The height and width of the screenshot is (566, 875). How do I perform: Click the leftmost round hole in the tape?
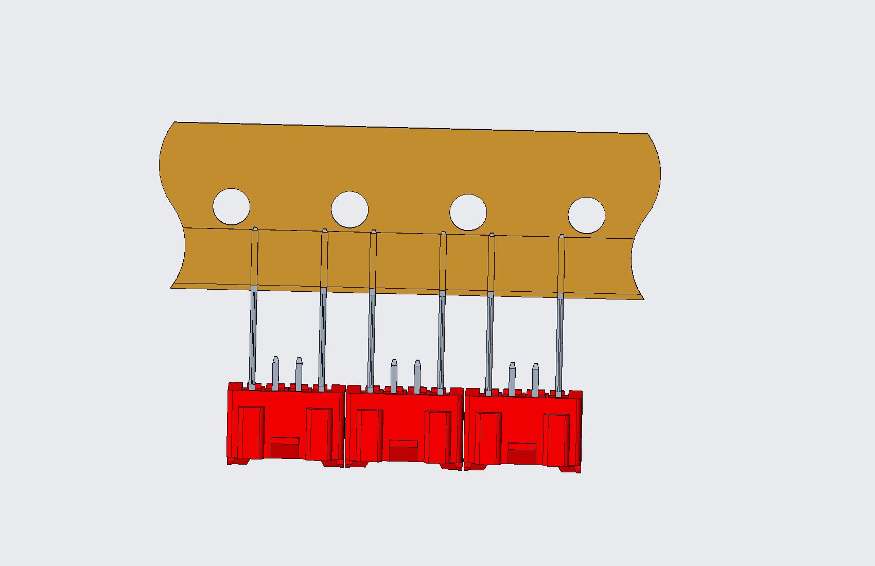(x=232, y=207)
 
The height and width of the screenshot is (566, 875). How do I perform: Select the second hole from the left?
(x=350, y=209)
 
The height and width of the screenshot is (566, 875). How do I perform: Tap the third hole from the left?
(x=468, y=213)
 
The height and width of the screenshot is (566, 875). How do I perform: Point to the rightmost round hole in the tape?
(x=586, y=215)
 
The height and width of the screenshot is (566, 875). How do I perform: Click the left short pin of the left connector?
(x=275, y=373)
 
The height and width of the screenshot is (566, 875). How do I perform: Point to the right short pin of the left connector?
(x=299, y=374)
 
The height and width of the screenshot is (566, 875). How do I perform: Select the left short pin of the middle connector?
(x=394, y=376)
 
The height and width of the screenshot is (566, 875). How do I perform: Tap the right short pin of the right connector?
(x=535, y=380)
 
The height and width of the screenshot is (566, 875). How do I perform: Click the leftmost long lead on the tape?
(x=253, y=309)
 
